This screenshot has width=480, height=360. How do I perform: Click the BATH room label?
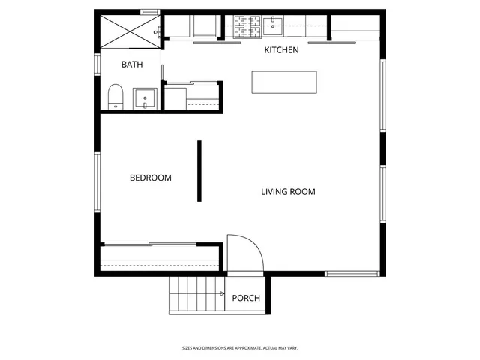(x=132, y=64)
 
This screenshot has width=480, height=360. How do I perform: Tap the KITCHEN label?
(x=281, y=50)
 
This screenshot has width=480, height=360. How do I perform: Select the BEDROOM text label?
(x=151, y=178)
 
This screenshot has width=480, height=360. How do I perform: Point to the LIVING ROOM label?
(x=288, y=191)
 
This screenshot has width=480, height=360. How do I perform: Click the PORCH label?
(x=246, y=298)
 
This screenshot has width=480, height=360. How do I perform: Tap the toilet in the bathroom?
(x=115, y=97)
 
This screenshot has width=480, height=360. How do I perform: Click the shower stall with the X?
(x=130, y=30)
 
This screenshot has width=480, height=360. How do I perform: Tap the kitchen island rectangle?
(x=284, y=82)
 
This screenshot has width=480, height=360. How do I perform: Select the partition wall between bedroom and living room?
(x=199, y=171)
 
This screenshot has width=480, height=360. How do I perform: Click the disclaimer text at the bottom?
(x=240, y=348)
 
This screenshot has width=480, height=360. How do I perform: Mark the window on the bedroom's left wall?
(x=96, y=182)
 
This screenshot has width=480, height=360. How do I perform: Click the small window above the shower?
(x=150, y=11)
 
